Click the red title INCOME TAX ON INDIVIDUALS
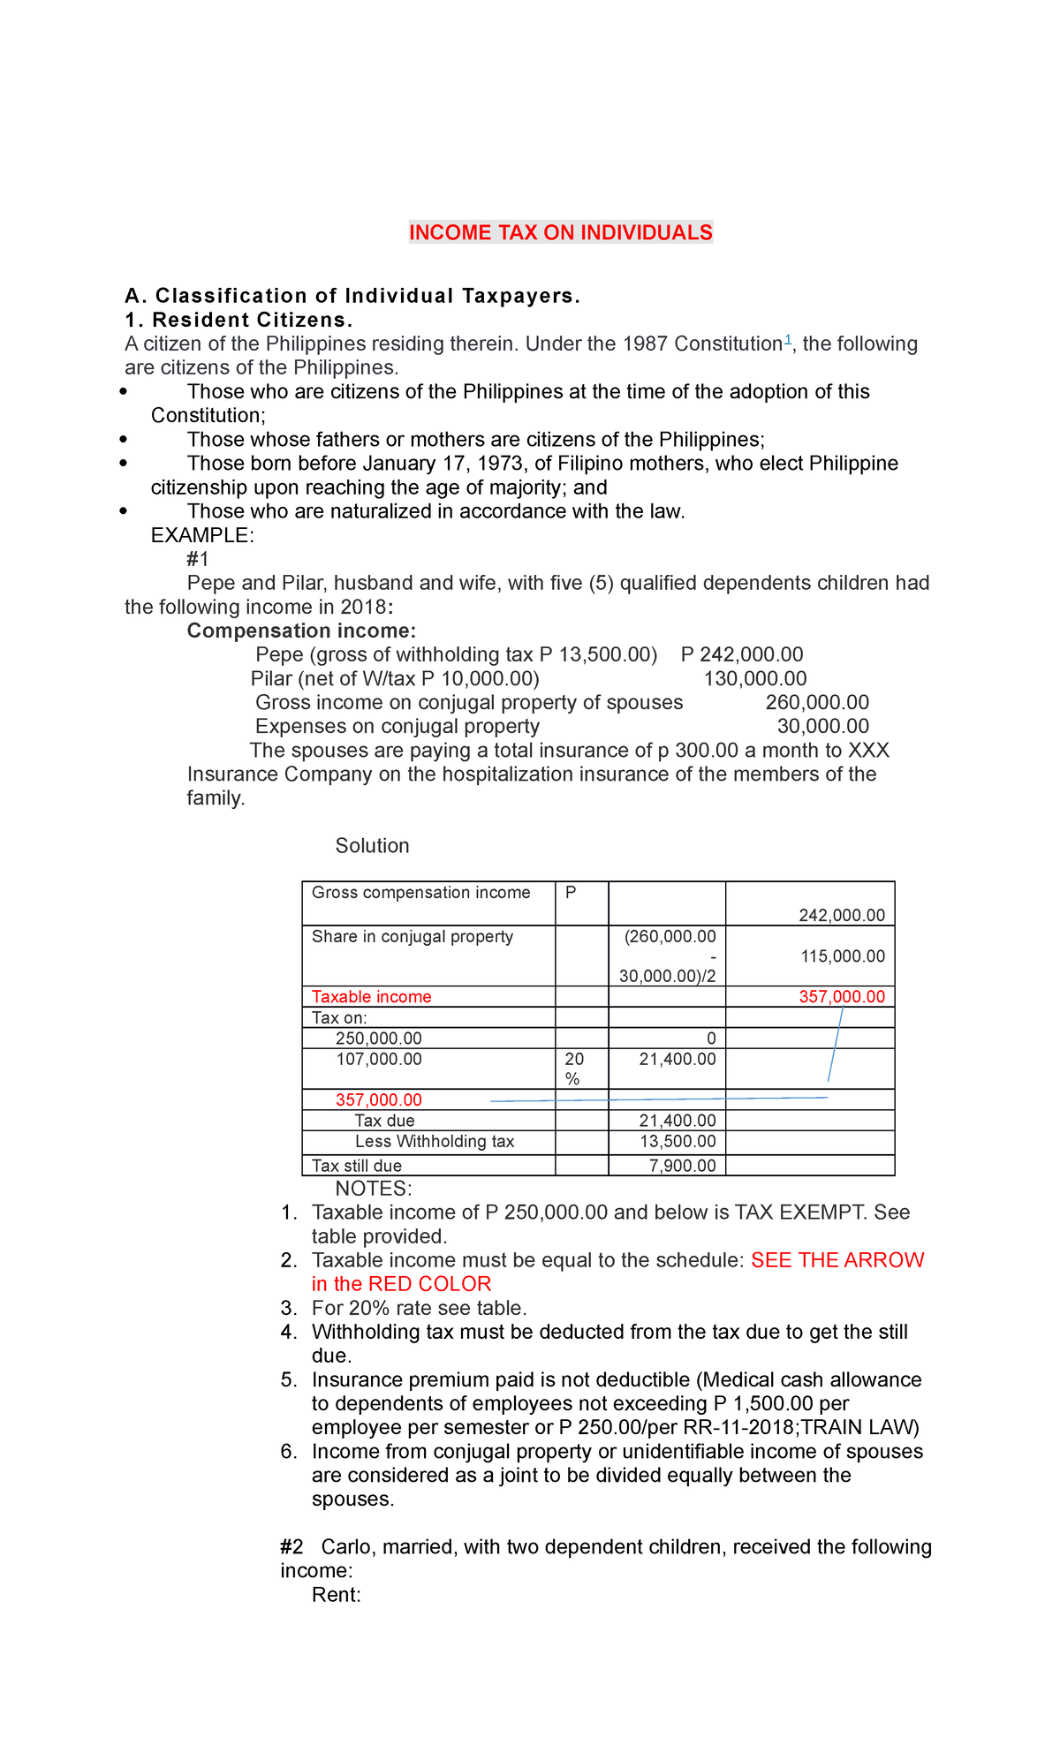tap(560, 232)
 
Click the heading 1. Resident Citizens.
tap(238, 320)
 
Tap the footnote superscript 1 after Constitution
tap(788, 340)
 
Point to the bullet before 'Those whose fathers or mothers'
tap(124, 440)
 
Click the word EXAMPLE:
tap(202, 535)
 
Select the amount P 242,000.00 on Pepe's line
tap(742, 654)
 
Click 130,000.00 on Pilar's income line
tap(754, 678)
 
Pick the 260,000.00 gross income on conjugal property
tap(817, 702)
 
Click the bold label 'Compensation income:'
tap(301, 631)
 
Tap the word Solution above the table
tap(372, 846)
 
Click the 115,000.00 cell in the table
tap(842, 956)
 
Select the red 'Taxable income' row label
tap(372, 997)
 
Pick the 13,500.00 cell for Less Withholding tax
tap(677, 1142)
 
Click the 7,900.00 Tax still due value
tap(682, 1166)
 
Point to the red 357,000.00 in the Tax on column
tap(379, 1099)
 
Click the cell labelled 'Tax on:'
tap(339, 1017)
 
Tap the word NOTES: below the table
tap(374, 1189)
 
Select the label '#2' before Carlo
tap(292, 1547)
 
